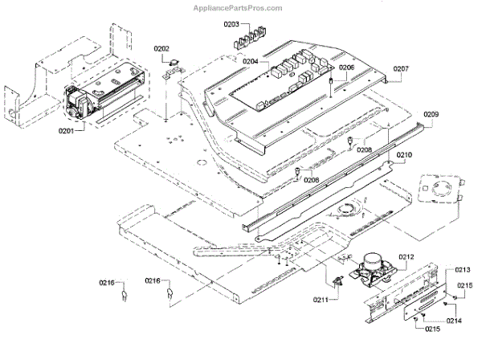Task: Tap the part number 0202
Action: coord(163,49)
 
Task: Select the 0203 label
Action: coord(231,25)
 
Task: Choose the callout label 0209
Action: coord(430,115)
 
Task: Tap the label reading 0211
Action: coord(322,301)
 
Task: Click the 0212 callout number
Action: coord(405,257)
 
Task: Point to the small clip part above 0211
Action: coord(337,281)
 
